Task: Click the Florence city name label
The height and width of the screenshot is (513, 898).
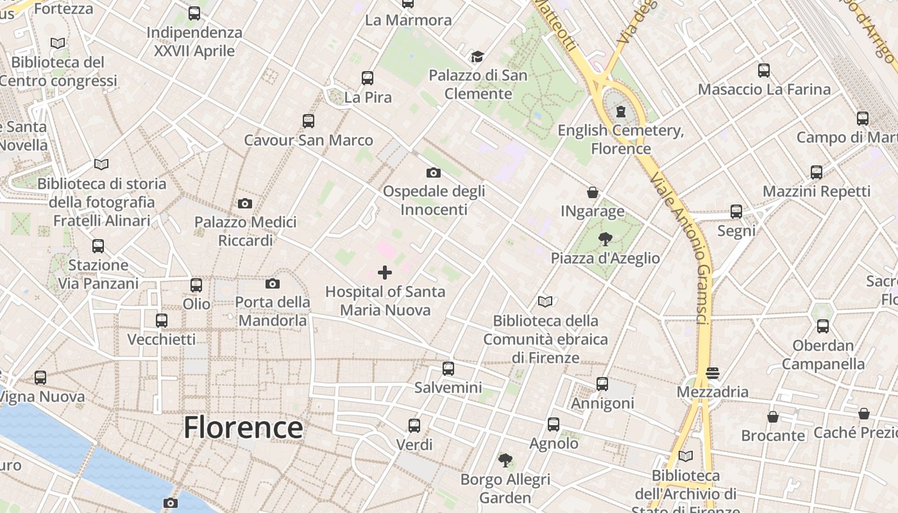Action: point(243,428)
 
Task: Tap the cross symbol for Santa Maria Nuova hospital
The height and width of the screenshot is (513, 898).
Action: point(385,273)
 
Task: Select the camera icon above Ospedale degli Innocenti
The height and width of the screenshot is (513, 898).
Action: point(434,172)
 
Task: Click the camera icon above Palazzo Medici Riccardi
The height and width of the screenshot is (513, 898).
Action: point(244,204)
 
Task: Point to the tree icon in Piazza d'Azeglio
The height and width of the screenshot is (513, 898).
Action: point(605,240)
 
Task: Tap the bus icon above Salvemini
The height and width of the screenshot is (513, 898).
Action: point(448,369)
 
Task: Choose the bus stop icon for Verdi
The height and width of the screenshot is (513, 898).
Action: point(414,425)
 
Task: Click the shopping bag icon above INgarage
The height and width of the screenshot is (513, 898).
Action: point(593,192)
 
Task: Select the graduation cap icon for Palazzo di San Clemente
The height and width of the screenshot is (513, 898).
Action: point(477,57)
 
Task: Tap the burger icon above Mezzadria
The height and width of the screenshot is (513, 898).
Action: point(712,373)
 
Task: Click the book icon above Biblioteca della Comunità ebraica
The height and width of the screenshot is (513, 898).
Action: point(545,301)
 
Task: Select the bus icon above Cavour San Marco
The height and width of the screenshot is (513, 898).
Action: point(309,121)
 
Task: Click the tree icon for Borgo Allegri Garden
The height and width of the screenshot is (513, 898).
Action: point(505,460)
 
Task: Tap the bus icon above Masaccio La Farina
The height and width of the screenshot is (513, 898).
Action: point(764,71)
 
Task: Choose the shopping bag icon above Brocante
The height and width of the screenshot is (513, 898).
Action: point(773,417)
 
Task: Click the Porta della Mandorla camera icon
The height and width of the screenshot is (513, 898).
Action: point(273,283)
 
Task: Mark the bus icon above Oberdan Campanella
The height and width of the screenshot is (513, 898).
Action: point(823,326)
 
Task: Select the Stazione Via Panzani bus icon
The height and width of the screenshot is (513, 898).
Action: point(98,246)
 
